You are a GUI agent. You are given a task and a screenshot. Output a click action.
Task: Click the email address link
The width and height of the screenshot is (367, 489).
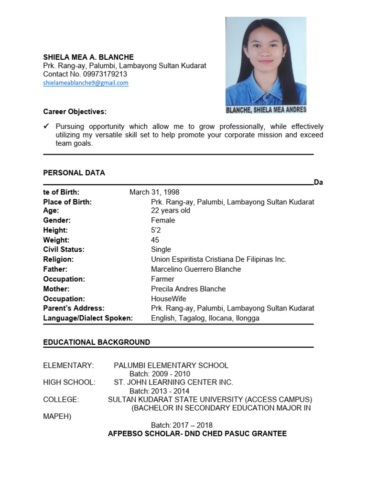[x=86, y=83]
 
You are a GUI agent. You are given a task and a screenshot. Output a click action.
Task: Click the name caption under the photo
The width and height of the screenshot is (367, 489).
[x=266, y=110]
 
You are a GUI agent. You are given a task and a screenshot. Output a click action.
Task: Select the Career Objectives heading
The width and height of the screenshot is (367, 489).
[x=75, y=111]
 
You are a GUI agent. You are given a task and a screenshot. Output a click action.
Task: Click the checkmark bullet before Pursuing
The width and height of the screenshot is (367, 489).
[x=46, y=126]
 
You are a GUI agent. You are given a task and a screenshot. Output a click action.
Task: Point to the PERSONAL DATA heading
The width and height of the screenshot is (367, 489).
[x=74, y=173]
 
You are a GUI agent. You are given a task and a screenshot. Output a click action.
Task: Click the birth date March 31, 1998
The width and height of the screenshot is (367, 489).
[x=154, y=192]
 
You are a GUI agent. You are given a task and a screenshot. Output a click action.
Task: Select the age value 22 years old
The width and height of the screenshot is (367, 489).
[x=171, y=210]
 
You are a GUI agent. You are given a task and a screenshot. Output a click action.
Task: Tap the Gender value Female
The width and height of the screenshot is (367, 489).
[x=163, y=220]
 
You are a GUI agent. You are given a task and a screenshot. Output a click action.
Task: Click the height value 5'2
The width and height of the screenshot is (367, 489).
[x=156, y=230]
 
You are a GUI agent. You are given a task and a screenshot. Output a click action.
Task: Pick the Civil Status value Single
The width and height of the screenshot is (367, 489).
[x=161, y=249]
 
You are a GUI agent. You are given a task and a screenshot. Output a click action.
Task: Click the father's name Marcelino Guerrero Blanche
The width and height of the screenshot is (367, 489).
[x=196, y=269]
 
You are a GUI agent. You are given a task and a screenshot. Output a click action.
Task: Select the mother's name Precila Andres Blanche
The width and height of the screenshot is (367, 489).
[x=188, y=288]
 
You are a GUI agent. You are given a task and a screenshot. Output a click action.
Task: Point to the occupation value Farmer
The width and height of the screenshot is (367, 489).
[x=162, y=279]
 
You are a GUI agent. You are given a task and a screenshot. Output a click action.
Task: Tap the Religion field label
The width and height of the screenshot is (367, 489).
[x=58, y=259]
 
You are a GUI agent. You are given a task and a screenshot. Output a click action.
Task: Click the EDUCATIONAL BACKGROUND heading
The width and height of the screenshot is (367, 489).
[x=97, y=342]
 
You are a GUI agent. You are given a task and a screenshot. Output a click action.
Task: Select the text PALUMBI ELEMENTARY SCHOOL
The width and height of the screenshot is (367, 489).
[x=171, y=365]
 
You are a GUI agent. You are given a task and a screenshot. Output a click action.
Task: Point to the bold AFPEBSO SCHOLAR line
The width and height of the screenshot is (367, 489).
[x=197, y=434]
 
